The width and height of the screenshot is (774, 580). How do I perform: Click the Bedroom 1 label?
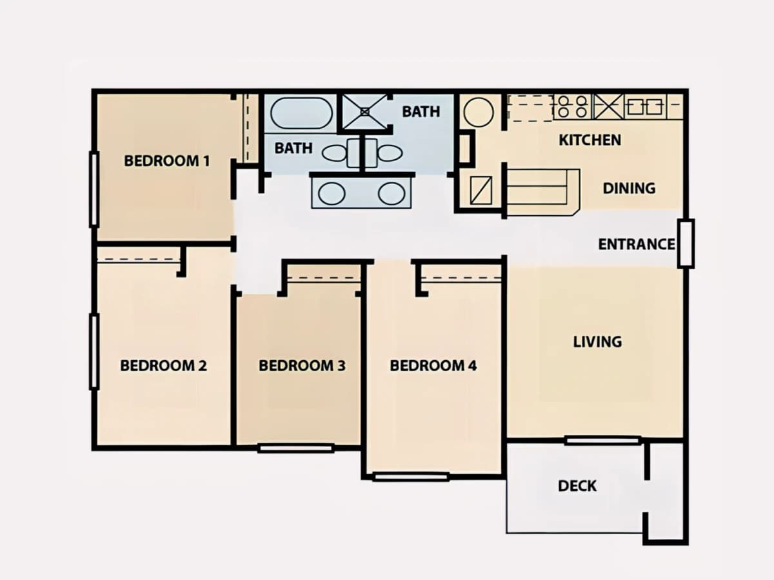pyautogui.click(x=167, y=161)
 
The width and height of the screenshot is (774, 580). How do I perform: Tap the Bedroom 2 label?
pyautogui.click(x=163, y=365)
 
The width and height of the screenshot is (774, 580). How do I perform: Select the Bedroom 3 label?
pyautogui.click(x=303, y=365)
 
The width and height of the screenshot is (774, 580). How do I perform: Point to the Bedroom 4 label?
pyautogui.click(x=433, y=365)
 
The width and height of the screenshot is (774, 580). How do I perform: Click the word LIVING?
pyautogui.click(x=597, y=342)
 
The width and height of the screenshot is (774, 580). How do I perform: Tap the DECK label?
pyautogui.click(x=577, y=486)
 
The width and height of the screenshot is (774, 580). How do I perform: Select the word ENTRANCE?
pyautogui.click(x=637, y=244)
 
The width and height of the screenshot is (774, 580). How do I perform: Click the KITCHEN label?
pyautogui.click(x=590, y=140)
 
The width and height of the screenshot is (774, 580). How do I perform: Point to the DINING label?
pyautogui.click(x=629, y=188)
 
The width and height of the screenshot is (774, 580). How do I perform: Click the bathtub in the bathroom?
pyautogui.click(x=301, y=113)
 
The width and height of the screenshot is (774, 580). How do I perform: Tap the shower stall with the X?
pyautogui.click(x=364, y=112)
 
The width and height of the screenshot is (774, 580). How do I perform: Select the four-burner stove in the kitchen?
pyautogui.click(x=573, y=106)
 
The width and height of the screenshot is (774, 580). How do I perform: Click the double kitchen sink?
pyautogui.click(x=644, y=107)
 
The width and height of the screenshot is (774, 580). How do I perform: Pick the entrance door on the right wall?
pyautogui.click(x=686, y=244)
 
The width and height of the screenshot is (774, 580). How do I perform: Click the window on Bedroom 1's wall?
pyautogui.click(x=94, y=189)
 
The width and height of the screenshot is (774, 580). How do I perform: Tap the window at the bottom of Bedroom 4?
pyautogui.click(x=410, y=477)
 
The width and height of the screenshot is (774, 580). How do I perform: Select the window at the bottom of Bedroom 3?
pyautogui.click(x=295, y=449)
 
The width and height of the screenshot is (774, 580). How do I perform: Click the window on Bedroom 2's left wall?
pyautogui.click(x=94, y=351)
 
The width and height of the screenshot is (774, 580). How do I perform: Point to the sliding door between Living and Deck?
pyautogui.click(x=602, y=440)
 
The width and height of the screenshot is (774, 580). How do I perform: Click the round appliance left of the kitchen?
pyautogui.click(x=479, y=112)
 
